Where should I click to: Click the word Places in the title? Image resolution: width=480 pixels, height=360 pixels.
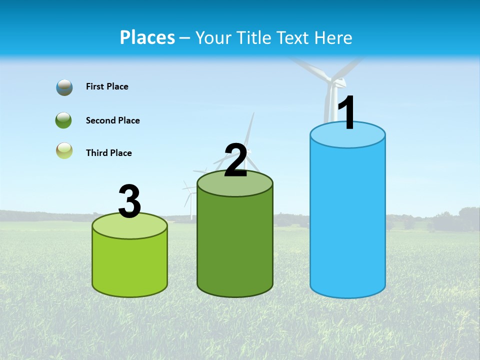(147, 37)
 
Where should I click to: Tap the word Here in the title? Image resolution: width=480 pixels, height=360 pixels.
(332, 37)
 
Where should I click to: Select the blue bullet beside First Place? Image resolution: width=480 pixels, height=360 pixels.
(64, 87)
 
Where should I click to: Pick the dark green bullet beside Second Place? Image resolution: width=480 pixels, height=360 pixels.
(64, 120)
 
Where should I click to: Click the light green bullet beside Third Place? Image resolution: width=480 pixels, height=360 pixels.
(64, 150)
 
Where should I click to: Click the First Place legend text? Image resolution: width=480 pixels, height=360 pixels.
(107, 86)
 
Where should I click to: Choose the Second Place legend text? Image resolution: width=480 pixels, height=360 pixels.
(112, 120)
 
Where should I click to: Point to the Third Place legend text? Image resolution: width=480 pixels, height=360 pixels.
(108, 153)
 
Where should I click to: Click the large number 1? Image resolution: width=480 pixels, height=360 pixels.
(346, 113)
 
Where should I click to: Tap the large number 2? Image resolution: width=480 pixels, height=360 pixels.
(235, 160)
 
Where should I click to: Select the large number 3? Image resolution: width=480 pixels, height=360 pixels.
(129, 202)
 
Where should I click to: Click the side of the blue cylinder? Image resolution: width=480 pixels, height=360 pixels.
(347, 220)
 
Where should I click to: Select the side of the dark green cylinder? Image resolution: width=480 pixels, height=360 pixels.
(235, 245)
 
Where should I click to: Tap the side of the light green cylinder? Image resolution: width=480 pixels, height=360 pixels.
(130, 265)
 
